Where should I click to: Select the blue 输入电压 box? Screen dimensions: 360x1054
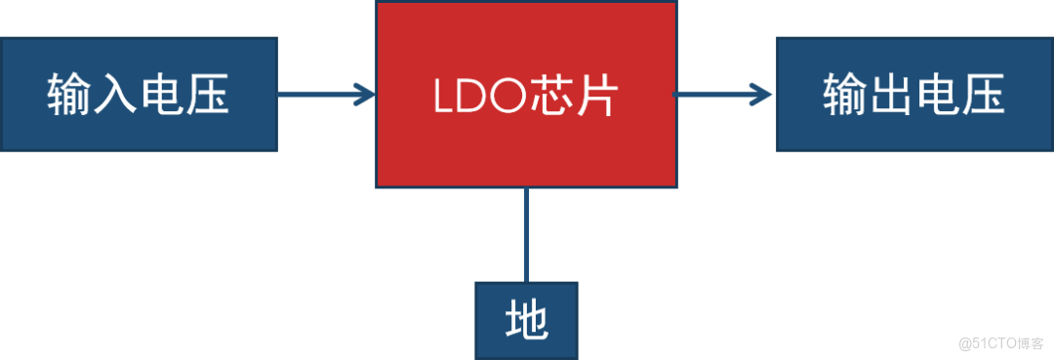[x=139, y=95]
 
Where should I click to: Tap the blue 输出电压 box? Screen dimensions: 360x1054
[x=914, y=95]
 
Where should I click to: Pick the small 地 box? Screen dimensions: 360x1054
[x=526, y=319]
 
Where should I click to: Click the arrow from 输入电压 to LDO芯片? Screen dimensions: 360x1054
[x=322, y=95]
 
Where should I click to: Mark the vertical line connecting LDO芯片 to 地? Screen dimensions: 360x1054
[x=527, y=234]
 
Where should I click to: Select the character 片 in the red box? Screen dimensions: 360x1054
[x=596, y=96]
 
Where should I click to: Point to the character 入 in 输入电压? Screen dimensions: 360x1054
[x=116, y=95]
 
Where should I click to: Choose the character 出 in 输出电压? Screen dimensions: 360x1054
[x=891, y=95]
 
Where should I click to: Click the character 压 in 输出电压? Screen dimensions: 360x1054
[x=982, y=95]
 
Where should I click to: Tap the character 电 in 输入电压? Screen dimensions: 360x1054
[x=162, y=95]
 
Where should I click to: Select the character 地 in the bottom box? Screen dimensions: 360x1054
[x=526, y=320]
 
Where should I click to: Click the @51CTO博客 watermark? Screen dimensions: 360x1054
[x=999, y=341]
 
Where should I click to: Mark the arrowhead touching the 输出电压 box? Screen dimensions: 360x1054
[x=764, y=95]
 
